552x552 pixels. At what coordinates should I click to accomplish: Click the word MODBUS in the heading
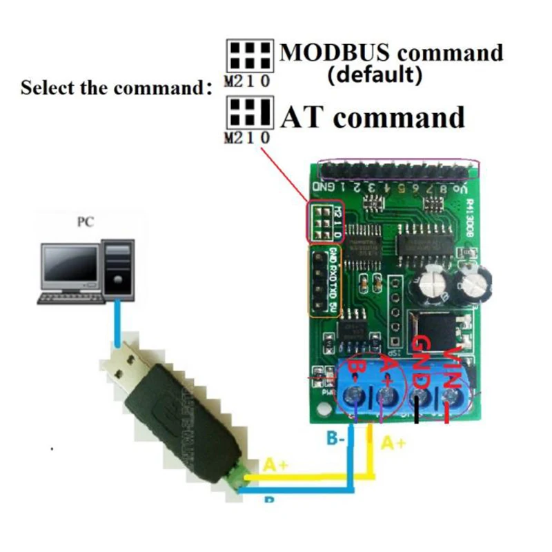click(x=335, y=52)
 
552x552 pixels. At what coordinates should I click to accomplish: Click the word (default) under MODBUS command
click(x=375, y=75)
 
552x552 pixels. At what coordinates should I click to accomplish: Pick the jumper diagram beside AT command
click(x=249, y=113)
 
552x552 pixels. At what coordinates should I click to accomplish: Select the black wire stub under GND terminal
click(x=418, y=413)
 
